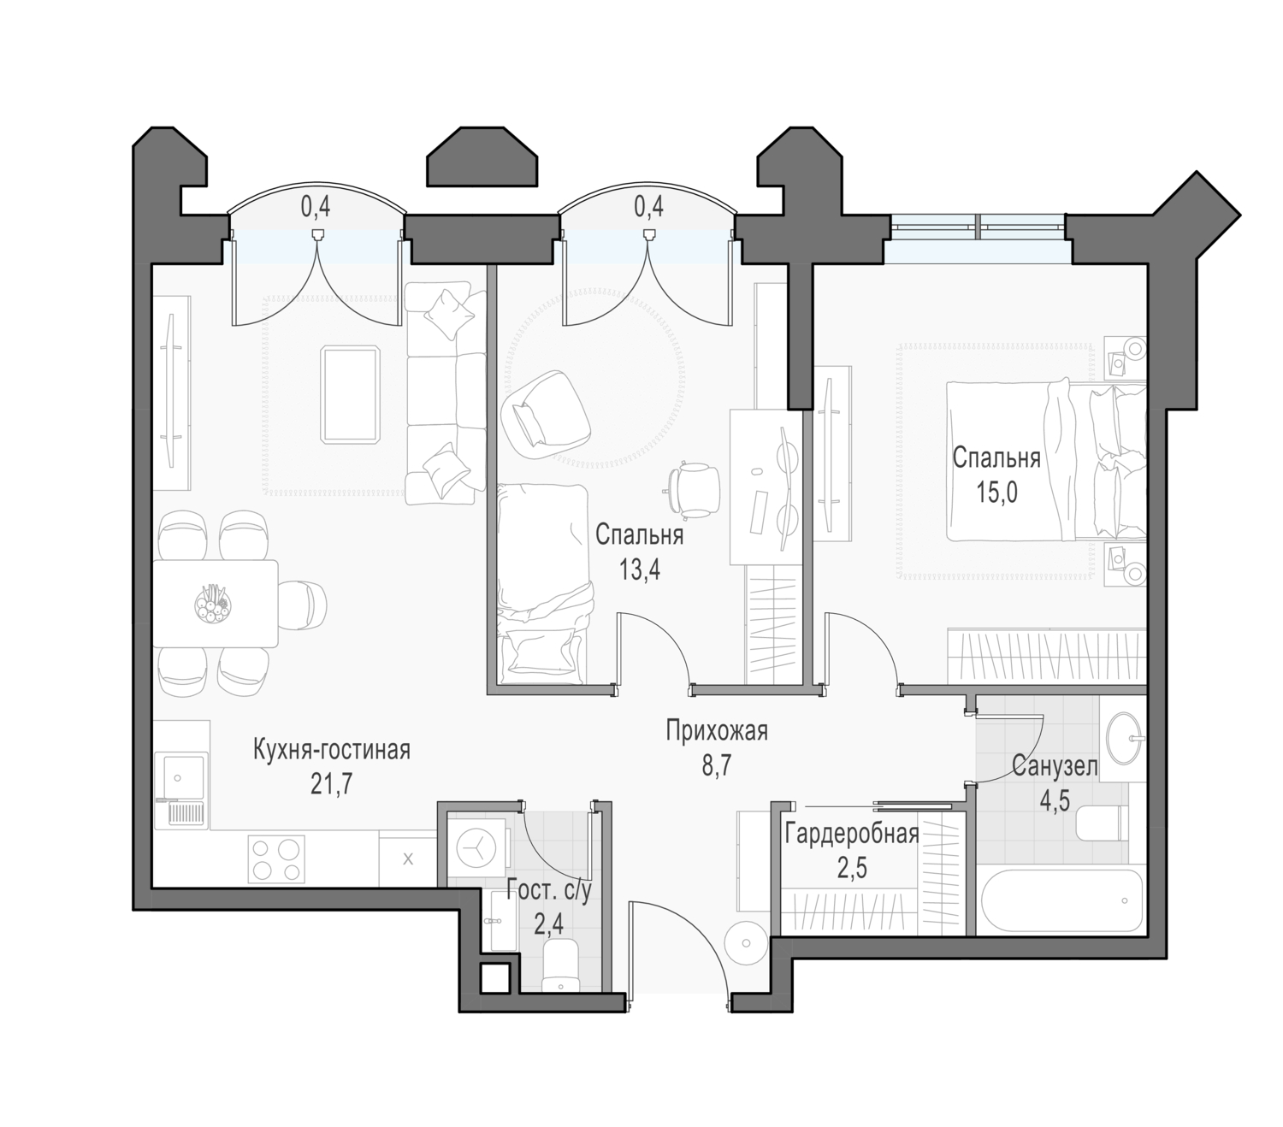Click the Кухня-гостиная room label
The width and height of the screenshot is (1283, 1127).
331,750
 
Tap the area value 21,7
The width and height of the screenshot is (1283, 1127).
331,784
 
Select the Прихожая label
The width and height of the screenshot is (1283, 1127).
716,731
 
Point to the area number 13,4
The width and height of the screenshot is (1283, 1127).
640,569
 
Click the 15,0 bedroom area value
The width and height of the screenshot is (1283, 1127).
996,492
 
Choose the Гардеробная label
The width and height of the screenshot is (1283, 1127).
851,834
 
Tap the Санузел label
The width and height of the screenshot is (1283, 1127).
1055,767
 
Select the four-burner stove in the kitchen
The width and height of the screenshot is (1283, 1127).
275,859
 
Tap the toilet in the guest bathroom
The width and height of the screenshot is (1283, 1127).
560,969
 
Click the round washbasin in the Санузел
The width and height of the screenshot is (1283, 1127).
1125,737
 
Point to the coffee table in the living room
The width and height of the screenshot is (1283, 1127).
350,394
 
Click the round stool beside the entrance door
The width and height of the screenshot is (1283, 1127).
745,943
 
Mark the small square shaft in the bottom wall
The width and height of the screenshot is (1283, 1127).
494,978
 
